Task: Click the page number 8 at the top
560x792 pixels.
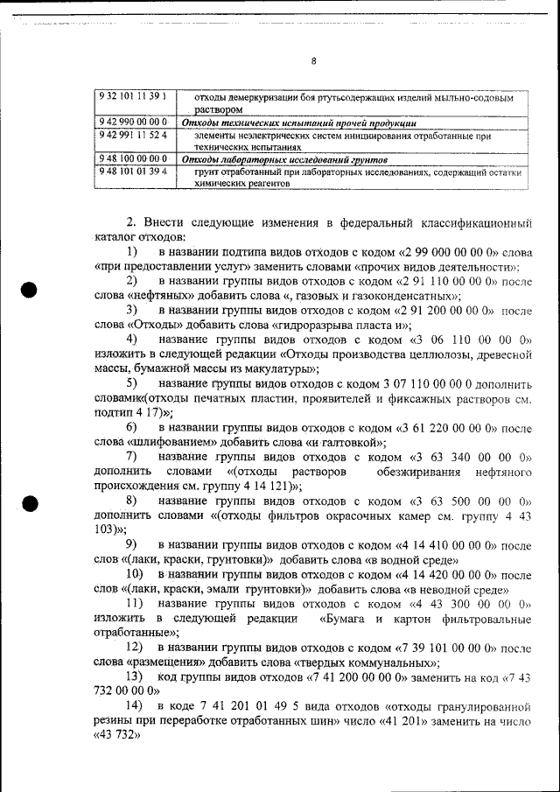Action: coord(314,61)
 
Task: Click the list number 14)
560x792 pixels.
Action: coord(134,705)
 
